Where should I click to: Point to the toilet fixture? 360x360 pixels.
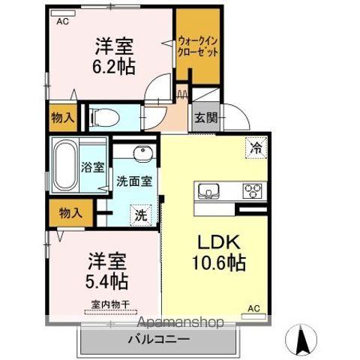tap(104, 117)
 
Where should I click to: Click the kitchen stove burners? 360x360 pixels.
tap(252, 190)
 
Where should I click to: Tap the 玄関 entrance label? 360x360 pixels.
tap(206, 117)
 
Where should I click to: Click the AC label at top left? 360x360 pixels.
tap(61, 22)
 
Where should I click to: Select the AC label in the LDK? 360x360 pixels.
tap(253, 308)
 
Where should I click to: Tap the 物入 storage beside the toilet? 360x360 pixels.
tap(62, 117)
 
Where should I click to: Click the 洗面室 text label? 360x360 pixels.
tap(135, 181)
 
